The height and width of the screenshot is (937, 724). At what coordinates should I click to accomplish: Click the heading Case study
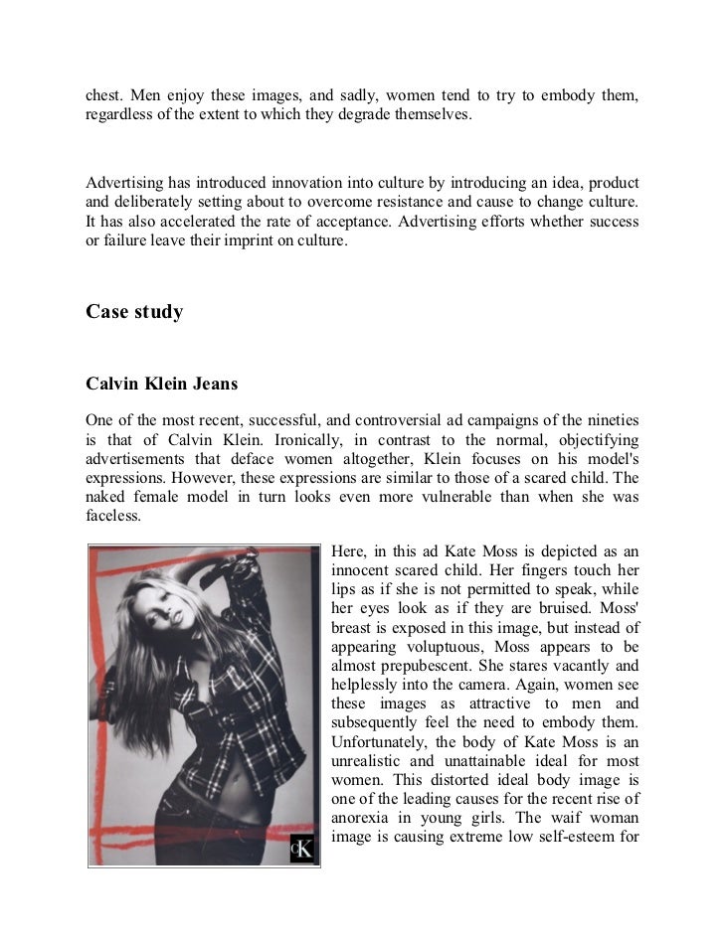tap(134, 312)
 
